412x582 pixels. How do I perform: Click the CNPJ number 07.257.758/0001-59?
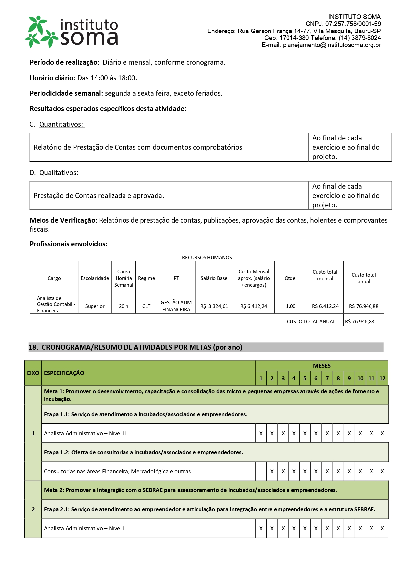[x=353, y=24]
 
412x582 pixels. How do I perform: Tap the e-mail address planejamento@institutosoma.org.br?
[x=332, y=45]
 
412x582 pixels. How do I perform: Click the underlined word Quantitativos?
[x=61, y=124]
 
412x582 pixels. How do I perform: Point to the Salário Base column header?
[x=214, y=278]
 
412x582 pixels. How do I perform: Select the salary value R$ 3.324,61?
[x=214, y=306]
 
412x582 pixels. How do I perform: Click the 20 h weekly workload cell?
[x=124, y=306]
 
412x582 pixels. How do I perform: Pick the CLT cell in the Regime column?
[x=146, y=306]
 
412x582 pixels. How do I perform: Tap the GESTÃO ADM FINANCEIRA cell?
[x=176, y=306]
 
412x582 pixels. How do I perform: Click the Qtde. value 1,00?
[x=290, y=306]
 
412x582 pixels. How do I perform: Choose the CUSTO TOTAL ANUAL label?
[x=311, y=321]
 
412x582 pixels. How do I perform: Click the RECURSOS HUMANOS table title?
[x=207, y=258]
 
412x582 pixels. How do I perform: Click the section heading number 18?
[x=33, y=347]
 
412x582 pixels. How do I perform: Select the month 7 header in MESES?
[x=327, y=378]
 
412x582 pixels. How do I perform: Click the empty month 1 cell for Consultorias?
[x=261, y=471]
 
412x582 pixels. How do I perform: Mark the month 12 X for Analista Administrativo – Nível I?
[x=382, y=528]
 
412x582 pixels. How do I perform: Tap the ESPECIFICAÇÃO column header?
[x=64, y=373]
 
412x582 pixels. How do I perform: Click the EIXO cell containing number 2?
[x=33, y=509]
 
